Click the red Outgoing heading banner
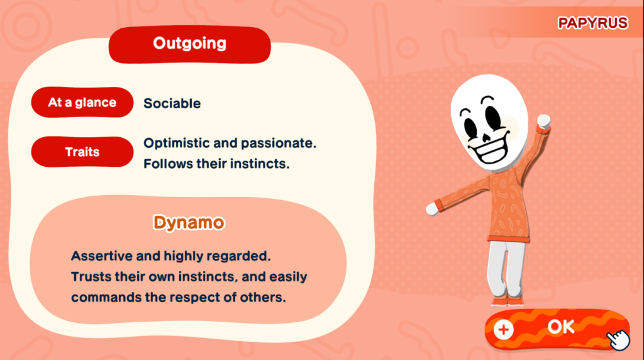(190, 45)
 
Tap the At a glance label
(82, 103)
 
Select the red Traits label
(82, 152)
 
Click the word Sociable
(172, 104)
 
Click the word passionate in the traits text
(279, 143)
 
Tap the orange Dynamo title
(189, 223)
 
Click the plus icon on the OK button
(504, 330)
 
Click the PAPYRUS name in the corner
(592, 23)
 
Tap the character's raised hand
(544, 121)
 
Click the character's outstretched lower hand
(432, 209)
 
